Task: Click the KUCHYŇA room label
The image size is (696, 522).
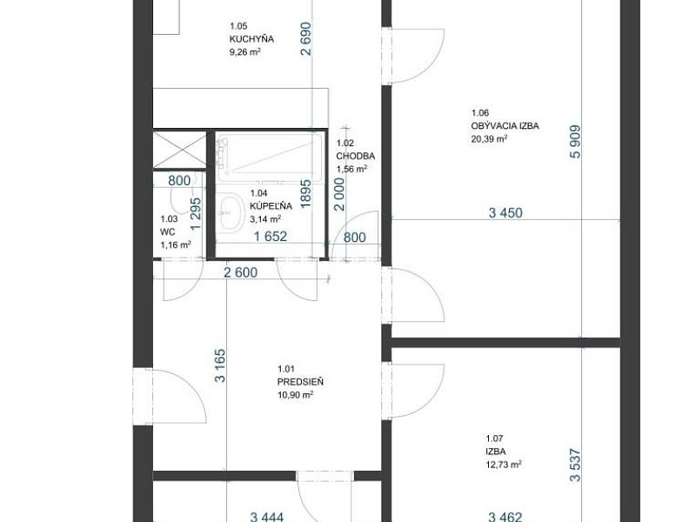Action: (251, 38)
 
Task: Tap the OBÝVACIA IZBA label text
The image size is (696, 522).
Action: (505, 125)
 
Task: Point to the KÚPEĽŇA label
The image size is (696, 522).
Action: (271, 206)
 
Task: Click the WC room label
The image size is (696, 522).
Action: (167, 231)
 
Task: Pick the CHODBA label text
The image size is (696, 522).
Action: (356, 156)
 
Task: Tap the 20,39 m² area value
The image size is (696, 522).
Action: (489, 138)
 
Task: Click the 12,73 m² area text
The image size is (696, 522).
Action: (504, 465)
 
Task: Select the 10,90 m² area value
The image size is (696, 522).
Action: (296, 394)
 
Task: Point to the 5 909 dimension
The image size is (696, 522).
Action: (575, 142)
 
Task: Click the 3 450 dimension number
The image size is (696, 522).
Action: (505, 212)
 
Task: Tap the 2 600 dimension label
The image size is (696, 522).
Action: (241, 272)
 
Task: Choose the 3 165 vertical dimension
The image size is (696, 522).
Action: (220, 365)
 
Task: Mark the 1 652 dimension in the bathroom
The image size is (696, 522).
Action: (271, 236)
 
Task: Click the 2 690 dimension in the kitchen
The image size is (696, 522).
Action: (306, 39)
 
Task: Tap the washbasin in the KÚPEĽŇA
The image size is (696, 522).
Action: (231, 212)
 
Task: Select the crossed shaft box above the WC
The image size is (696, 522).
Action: (180, 149)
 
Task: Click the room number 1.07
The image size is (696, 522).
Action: (493, 438)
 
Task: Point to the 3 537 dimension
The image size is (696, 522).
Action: (575, 465)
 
